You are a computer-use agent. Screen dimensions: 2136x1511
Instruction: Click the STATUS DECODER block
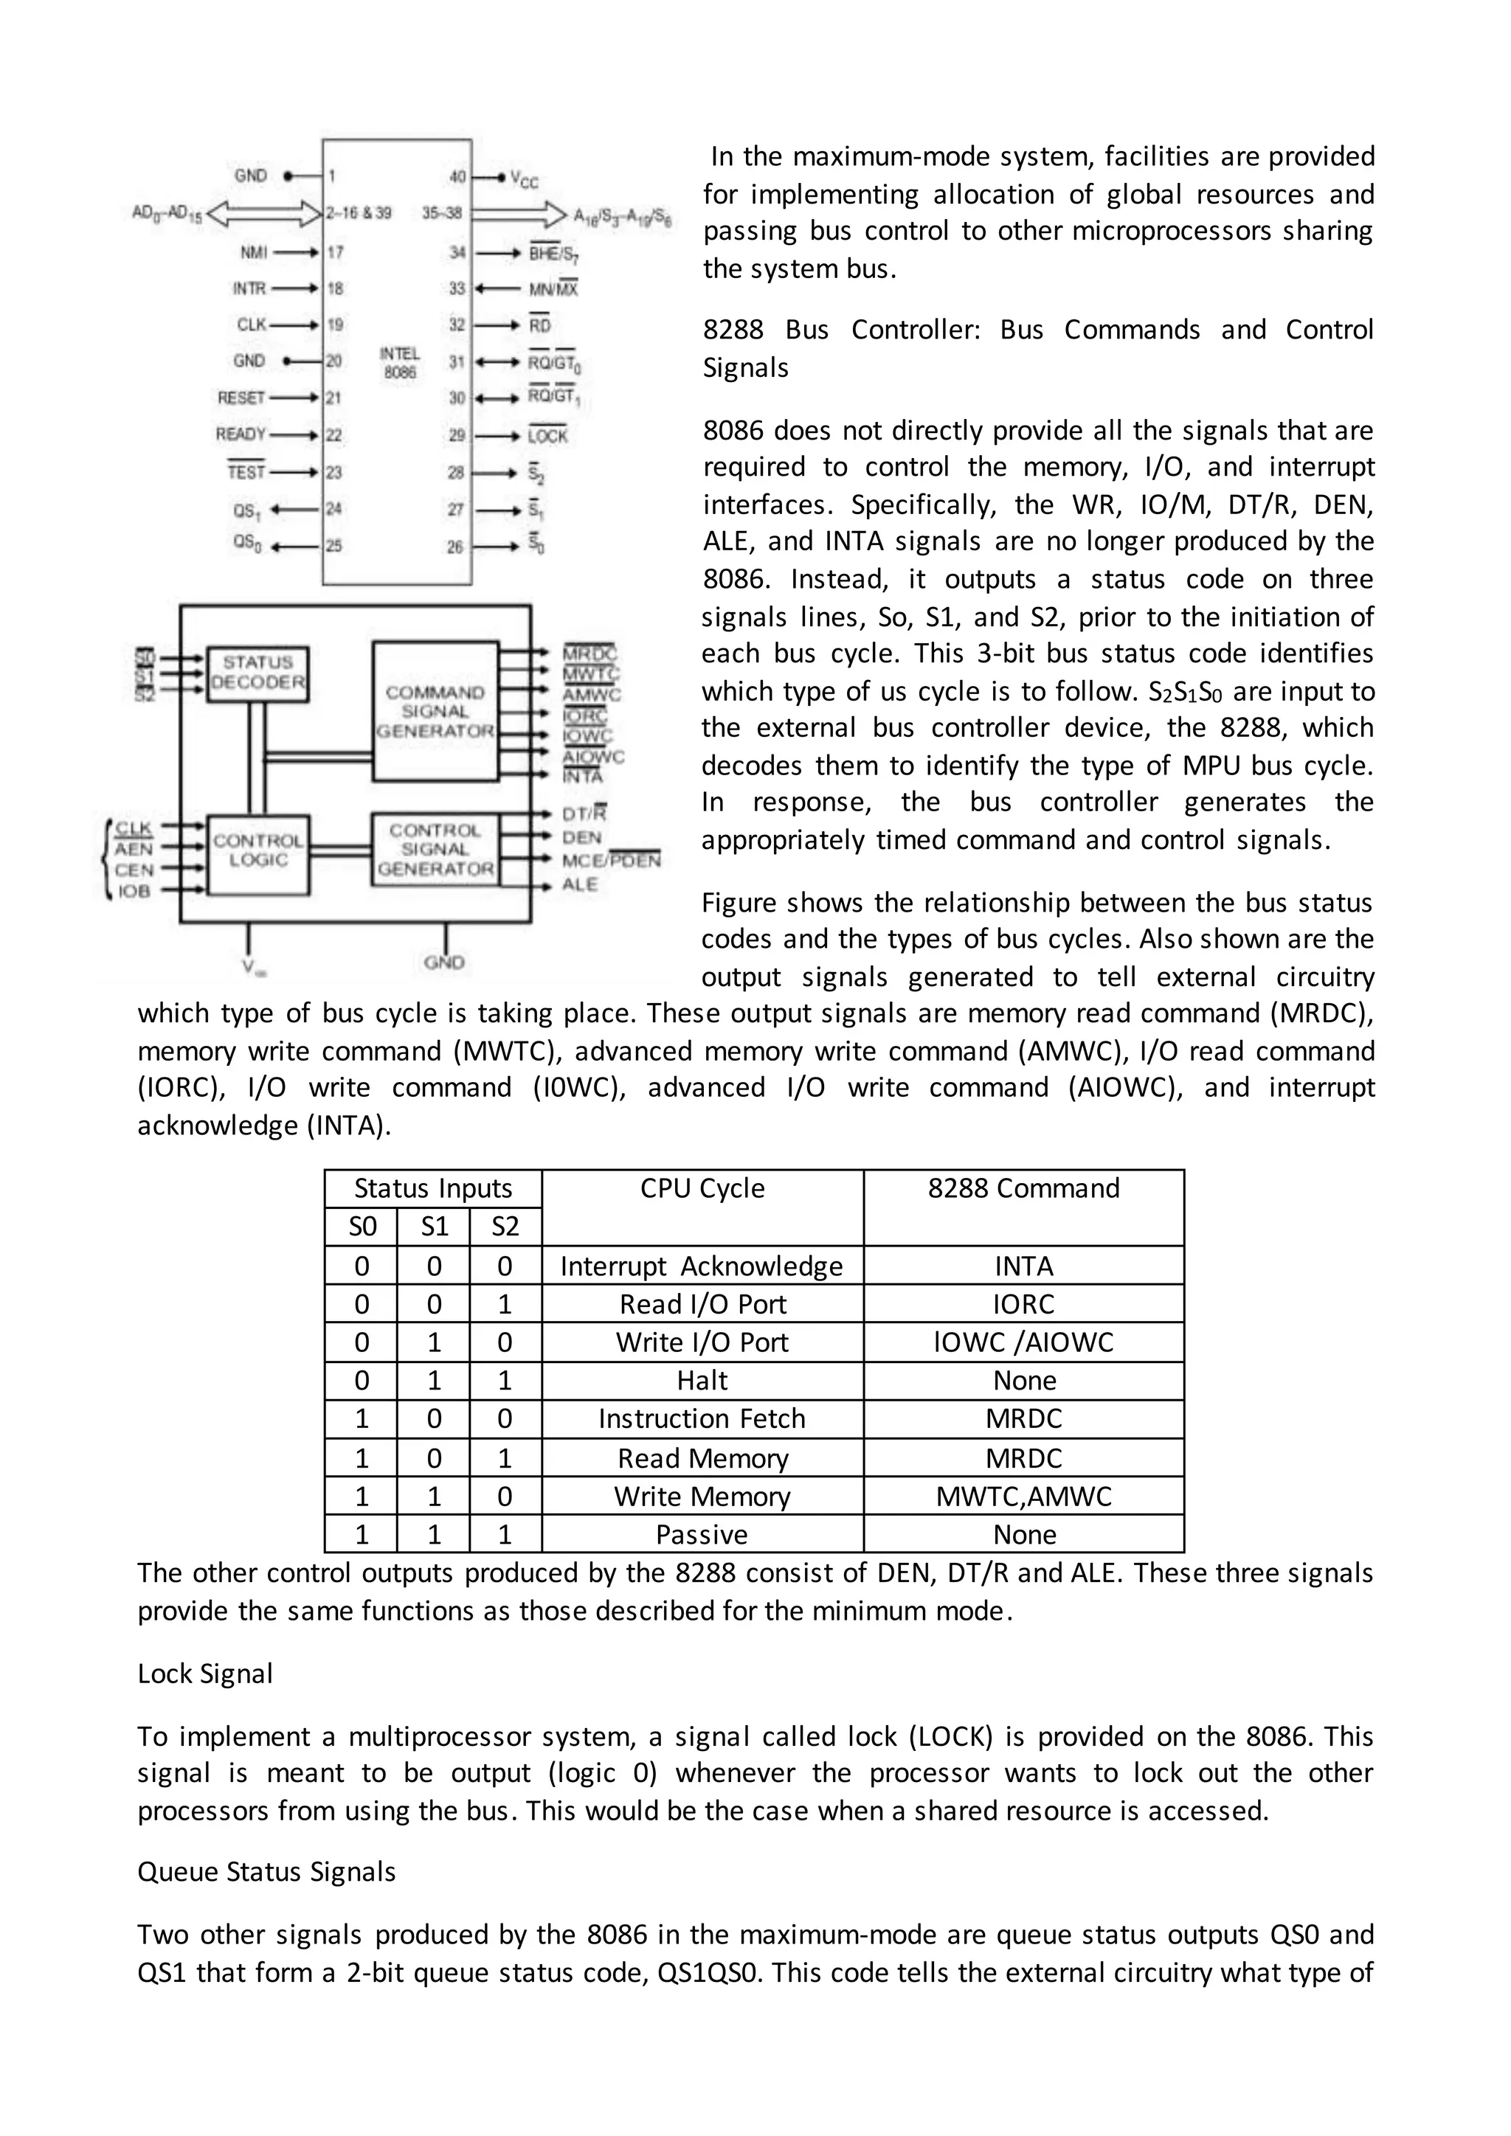pos(257,672)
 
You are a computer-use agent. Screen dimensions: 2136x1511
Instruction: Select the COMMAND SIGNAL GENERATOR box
pos(435,712)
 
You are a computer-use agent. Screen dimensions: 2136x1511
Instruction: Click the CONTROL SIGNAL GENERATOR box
pos(435,850)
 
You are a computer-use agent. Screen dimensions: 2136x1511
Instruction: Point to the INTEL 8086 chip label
pos(400,363)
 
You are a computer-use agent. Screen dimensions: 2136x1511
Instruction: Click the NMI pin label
pos(253,252)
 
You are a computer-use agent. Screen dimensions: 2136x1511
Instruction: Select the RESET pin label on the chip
pos(241,398)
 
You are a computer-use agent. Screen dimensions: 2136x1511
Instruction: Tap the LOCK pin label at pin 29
pos(547,437)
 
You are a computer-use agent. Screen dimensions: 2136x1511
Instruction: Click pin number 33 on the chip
pos(457,288)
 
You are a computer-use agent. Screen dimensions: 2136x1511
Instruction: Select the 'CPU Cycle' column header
pos(702,1189)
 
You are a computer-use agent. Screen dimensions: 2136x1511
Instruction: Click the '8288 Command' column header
pos(1023,1189)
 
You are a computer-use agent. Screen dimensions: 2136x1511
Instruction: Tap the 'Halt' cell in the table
pos(702,1381)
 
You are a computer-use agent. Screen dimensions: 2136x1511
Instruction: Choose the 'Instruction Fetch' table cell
pos(702,1419)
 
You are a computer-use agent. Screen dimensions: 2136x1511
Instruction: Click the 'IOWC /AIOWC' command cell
pos(1023,1342)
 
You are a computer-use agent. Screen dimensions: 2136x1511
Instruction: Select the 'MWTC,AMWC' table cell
pos(1023,1496)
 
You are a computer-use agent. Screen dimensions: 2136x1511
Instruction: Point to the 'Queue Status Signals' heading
pos(266,1872)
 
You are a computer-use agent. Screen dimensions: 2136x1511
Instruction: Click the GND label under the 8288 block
pos(444,962)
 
